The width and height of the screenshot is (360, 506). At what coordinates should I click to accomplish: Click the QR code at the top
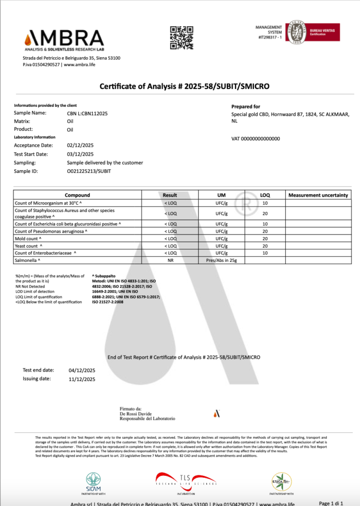(x=181, y=38)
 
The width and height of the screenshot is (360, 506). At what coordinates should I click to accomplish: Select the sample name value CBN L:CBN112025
(x=87, y=113)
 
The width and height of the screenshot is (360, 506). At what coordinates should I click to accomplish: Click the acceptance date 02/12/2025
(x=80, y=145)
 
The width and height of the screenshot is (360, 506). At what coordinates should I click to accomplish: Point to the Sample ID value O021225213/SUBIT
(x=89, y=171)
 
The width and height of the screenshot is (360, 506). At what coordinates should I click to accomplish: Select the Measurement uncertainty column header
(x=318, y=195)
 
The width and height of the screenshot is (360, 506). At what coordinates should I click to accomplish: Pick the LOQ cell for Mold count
(x=265, y=238)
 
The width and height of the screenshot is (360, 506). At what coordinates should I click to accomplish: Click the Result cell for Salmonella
(x=170, y=259)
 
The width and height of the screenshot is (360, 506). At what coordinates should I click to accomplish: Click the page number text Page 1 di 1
(x=331, y=503)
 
